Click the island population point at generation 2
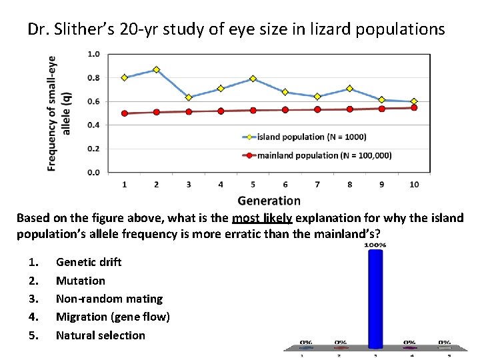pyautogui.click(x=156, y=69)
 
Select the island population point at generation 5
pyautogui.click(x=253, y=79)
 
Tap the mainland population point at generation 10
pyautogui.click(x=414, y=107)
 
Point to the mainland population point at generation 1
pyautogui.click(x=124, y=113)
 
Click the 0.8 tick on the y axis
pyautogui.click(x=94, y=78)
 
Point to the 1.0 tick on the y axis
pyautogui.click(x=94, y=54)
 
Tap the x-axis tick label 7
pyautogui.click(x=317, y=184)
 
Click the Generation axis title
pyautogui.click(x=269, y=201)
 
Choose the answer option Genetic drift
pyautogui.click(x=89, y=262)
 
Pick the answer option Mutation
pyautogui.click(x=81, y=281)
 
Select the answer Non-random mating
pyautogui.click(x=109, y=299)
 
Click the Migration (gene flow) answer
pyautogui.click(x=113, y=317)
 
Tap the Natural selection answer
pyautogui.click(x=101, y=335)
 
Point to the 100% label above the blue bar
pyautogui.click(x=375, y=245)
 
